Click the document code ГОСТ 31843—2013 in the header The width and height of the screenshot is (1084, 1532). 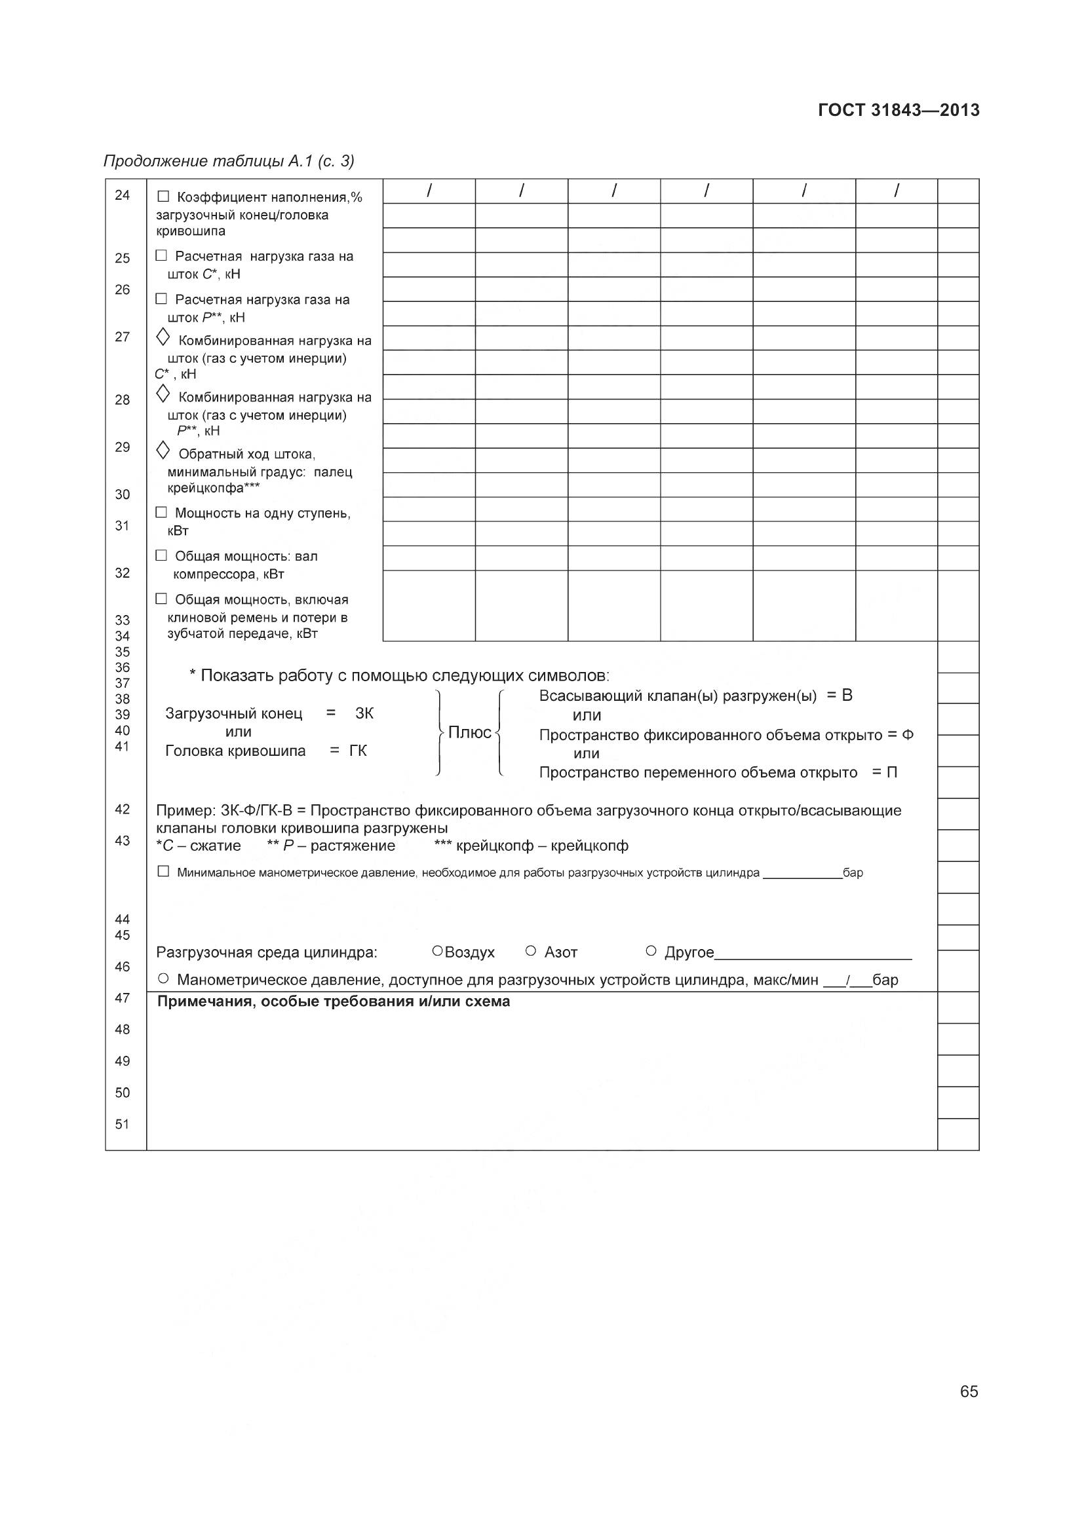pos(899,110)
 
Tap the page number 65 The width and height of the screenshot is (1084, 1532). pos(969,1391)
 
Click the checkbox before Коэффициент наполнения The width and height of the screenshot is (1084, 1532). pos(163,197)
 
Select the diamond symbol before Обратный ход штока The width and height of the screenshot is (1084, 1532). pos(162,451)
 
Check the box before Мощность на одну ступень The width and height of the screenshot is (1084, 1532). pos(161,512)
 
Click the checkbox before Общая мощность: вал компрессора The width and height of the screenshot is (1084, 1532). pos(161,555)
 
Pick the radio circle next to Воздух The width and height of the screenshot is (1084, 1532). pos(437,950)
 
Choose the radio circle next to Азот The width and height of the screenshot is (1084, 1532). pos(531,950)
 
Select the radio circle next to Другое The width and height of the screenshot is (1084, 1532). pos(651,950)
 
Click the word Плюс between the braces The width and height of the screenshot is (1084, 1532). pos(469,733)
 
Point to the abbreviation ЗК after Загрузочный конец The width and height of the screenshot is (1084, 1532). pos(364,713)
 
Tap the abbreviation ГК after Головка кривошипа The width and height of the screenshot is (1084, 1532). pos(358,751)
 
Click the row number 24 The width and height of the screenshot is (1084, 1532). pos(122,195)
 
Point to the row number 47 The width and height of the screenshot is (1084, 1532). pos(122,998)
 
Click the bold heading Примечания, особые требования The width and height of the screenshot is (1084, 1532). pos(333,1001)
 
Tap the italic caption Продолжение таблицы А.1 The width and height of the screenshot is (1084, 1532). pos(228,161)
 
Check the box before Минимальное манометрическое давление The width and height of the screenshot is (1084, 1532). pos(163,871)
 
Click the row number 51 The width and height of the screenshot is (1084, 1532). pos(122,1125)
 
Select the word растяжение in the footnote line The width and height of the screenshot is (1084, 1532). pos(353,846)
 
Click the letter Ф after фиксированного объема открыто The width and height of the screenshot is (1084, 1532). pos(907,736)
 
